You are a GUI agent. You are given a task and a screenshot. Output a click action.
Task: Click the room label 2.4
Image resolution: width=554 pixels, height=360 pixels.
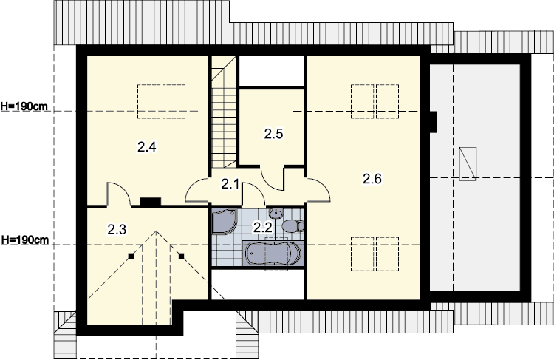click(x=147, y=147)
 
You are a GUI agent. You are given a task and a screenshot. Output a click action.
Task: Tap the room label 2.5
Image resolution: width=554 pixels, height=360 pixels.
click(x=273, y=134)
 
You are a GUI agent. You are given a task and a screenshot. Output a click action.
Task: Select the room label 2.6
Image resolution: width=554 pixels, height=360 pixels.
click(x=372, y=179)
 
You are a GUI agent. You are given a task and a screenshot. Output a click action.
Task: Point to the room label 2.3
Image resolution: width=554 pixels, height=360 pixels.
click(x=117, y=230)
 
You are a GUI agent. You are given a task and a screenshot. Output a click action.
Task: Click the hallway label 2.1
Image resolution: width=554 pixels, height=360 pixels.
click(x=230, y=184)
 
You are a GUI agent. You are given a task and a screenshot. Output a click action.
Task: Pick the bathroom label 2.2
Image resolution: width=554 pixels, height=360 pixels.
click(x=263, y=228)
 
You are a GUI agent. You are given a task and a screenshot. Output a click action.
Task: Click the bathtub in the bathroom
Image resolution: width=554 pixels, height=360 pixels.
click(x=273, y=254)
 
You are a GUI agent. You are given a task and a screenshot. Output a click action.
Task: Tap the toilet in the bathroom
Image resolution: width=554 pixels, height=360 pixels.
click(x=293, y=226)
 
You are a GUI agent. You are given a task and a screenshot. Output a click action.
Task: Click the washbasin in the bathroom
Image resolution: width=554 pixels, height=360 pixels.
click(x=275, y=214)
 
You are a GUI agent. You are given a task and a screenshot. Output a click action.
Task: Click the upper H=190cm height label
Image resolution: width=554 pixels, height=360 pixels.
click(x=24, y=106)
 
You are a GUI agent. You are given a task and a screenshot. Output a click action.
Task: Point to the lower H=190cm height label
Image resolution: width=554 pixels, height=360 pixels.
click(x=24, y=240)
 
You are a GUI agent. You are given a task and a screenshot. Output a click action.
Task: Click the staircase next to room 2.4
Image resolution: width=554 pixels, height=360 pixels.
click(x=224, y=112)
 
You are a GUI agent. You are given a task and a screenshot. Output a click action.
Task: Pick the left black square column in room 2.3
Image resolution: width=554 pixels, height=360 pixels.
click(x=131, y=256)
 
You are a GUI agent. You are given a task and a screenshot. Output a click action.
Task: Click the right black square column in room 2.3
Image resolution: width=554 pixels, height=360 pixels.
click(x=181, y=256)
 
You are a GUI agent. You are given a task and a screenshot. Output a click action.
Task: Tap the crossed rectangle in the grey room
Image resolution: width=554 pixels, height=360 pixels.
click(x=468, y=164)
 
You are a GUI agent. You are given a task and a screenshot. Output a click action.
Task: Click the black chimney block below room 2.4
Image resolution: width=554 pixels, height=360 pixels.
click(x=151, y=202)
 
